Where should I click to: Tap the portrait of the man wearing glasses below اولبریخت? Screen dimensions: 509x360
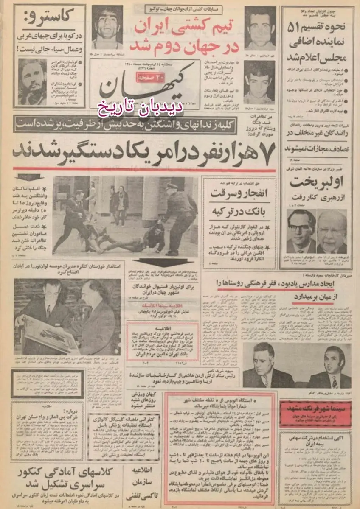[301, 232]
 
